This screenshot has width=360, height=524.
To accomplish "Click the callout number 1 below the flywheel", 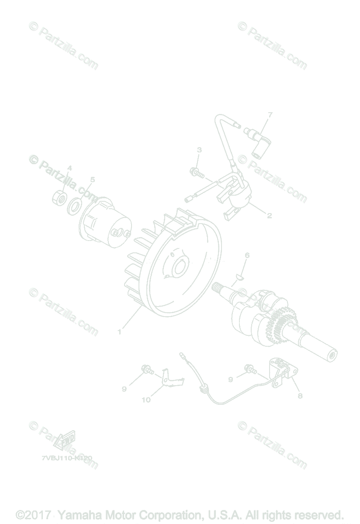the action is (x=119, y=332).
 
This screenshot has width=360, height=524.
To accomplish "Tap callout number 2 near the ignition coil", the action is (x=269, y=215).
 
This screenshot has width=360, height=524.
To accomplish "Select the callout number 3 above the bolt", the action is (x=199, y=150).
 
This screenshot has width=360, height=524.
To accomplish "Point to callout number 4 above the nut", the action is (x=69, y=168).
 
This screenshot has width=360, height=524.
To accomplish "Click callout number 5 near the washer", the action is (x=92, y=179).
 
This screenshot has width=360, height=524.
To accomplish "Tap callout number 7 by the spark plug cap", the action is (x=270, y=115).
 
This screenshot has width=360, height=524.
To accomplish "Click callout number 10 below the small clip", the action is (x=146, y=399).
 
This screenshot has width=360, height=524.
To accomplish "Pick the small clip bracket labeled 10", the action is (x=170, y=378).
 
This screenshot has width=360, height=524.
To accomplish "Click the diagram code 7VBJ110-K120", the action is (x=67, y=457).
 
